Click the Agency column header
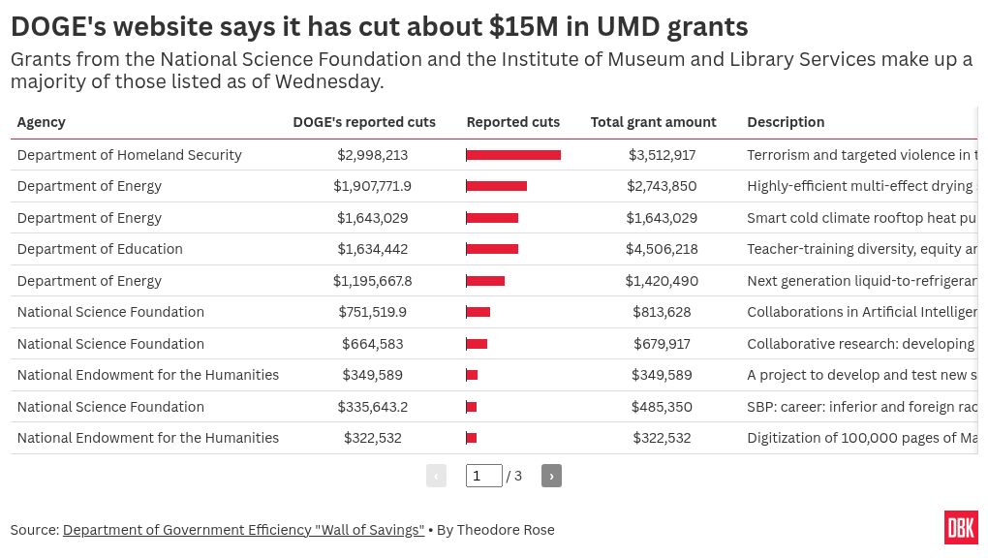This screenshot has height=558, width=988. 42,122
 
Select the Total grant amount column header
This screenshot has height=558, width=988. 653,122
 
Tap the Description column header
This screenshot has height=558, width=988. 786,122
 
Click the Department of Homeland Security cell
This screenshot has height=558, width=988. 129,155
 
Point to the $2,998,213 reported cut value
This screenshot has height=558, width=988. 372,155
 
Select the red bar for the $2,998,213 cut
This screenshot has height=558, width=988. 513,155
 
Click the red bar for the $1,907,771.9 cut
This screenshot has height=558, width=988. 496,186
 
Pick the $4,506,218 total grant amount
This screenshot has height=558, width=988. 662,249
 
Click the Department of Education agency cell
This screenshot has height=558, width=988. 100,249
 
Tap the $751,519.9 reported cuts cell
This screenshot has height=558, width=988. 372,312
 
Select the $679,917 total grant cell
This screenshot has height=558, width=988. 662,344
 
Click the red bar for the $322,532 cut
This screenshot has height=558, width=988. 472,438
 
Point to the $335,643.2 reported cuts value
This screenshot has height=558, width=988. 372,407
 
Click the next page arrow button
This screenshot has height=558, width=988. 551,476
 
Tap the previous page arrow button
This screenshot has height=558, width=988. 436,476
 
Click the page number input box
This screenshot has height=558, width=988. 483,476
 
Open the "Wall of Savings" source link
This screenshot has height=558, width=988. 243,530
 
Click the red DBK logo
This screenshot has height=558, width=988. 961,528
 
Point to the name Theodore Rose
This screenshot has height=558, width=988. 506,530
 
